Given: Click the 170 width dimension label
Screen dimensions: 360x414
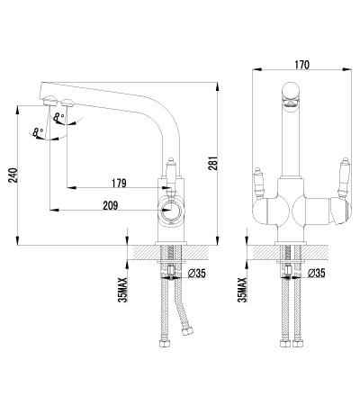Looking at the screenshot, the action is [301, 65].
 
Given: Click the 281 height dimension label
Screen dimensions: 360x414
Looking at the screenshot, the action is [212, 163].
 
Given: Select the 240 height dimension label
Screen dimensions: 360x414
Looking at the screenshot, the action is [13, 175].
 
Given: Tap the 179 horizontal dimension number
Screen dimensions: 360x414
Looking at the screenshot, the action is [119, 183].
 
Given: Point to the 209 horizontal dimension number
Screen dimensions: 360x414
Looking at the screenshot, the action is [111, 205].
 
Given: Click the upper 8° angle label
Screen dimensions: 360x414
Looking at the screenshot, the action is [58, 117].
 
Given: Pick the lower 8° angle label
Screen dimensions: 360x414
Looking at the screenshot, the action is [38, 132].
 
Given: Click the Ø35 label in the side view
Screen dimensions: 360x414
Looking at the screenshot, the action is [197, 273].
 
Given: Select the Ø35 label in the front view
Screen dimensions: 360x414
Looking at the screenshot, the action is [317, 273].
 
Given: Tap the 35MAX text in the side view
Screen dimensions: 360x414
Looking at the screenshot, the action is [123, 290].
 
